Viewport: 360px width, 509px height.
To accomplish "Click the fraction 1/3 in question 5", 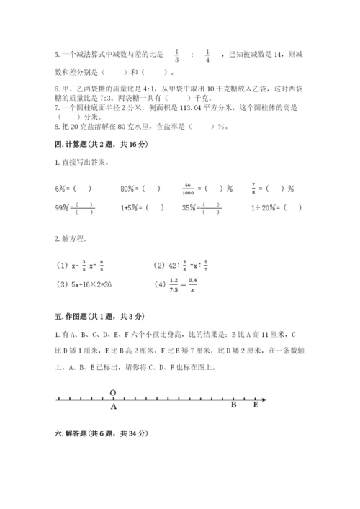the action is [177, 55].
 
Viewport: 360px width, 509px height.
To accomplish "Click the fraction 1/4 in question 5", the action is [207, 55].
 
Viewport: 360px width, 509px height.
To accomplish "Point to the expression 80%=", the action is [130, 189].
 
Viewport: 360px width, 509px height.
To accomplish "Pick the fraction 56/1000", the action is [190, 189].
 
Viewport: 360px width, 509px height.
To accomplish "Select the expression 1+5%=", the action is [132, 208].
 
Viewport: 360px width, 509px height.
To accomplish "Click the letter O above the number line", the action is [113, 392].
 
